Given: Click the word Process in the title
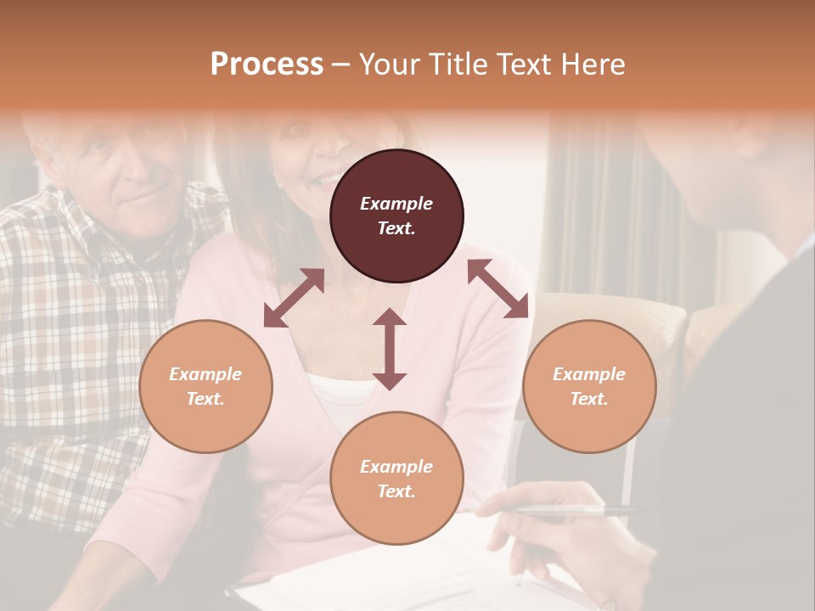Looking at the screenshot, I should click(x=267, y=64).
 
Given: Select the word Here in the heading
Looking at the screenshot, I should click(x=593, y=64).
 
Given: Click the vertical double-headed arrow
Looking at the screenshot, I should click(x=390, y=349).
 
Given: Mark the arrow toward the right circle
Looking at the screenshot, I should click(x=498, y=289).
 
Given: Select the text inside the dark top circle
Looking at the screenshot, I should click(x=396, y=216).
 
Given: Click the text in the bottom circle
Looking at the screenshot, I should click(x=396, y=479).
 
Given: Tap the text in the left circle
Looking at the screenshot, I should click(x=205, y=386).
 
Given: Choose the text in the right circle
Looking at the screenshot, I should click(x=589, y=386).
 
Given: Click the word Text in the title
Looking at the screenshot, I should click(x=524, y=64).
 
